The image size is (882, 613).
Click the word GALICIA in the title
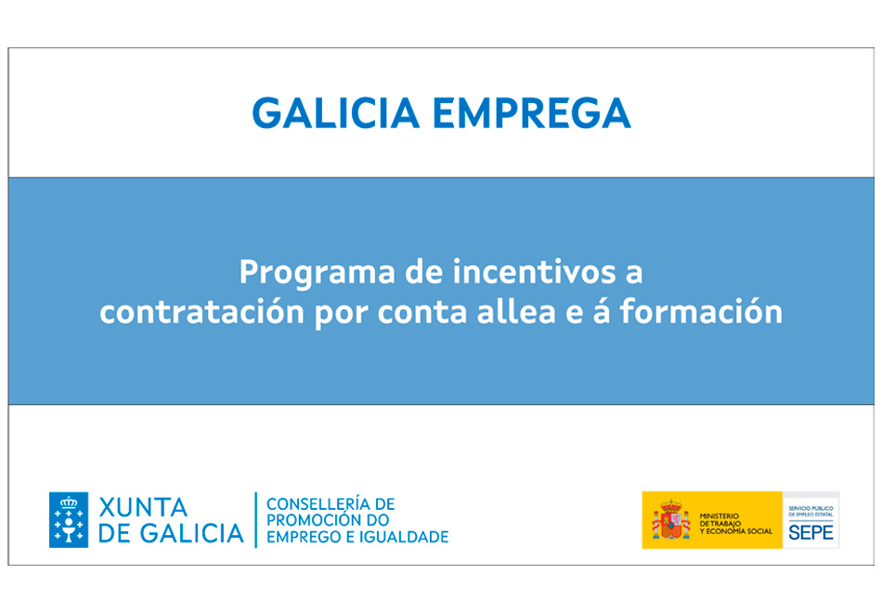(x=335, y=113)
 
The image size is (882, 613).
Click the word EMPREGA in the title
(x=532, y=113)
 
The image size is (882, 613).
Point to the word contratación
(x=202, y=312)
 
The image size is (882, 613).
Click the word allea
(x=516, y=311)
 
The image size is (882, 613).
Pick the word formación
(x=702, y=311)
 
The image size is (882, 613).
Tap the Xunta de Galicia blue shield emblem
(x=69, y=519)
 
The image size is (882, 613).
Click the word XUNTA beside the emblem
(x=143, y=508)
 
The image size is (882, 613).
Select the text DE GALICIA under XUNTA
(x=171, y=534)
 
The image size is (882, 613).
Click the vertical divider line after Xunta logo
(x=256, y=519)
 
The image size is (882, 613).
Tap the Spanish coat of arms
(x=671, y=519)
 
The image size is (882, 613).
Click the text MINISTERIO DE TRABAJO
(x=720, y=519)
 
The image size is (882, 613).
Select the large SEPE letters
(x=811, y=532)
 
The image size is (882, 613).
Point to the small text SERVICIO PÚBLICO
(x=811, y=508)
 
